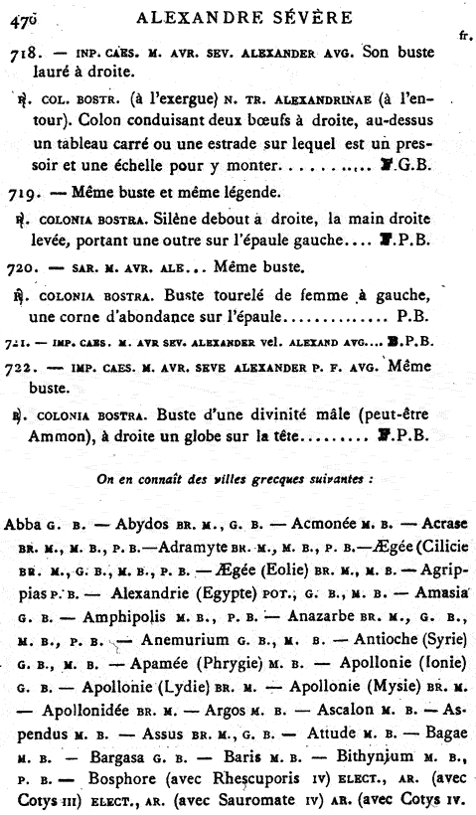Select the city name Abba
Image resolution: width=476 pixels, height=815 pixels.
click(23, 524)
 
